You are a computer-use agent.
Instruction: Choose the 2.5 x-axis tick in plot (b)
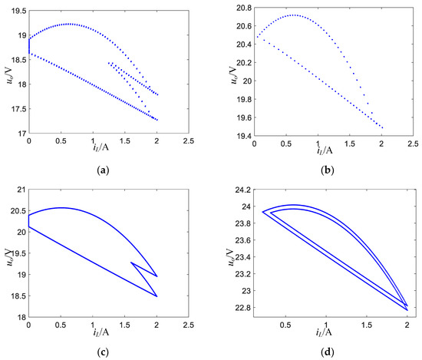point(413,142)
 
